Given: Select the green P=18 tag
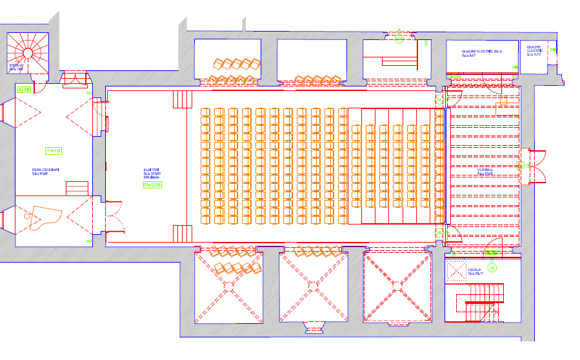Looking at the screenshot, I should (x=54, y=150).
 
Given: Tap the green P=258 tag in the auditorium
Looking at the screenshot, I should (x=152, y=185).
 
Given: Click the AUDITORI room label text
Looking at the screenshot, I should (x=151, y=170).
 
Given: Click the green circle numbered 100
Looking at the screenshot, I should (x=399, y=40).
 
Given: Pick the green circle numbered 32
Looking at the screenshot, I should (x=492, y=266).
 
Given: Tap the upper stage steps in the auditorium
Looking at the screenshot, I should (x=183, y=100).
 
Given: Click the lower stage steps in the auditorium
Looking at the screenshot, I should (x=183, y=233).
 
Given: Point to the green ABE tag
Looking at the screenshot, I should (x=24, y=89).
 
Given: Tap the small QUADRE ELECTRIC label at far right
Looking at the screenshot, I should (x=534, y=50).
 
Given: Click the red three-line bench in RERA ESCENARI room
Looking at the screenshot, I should (x=77, y=188).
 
